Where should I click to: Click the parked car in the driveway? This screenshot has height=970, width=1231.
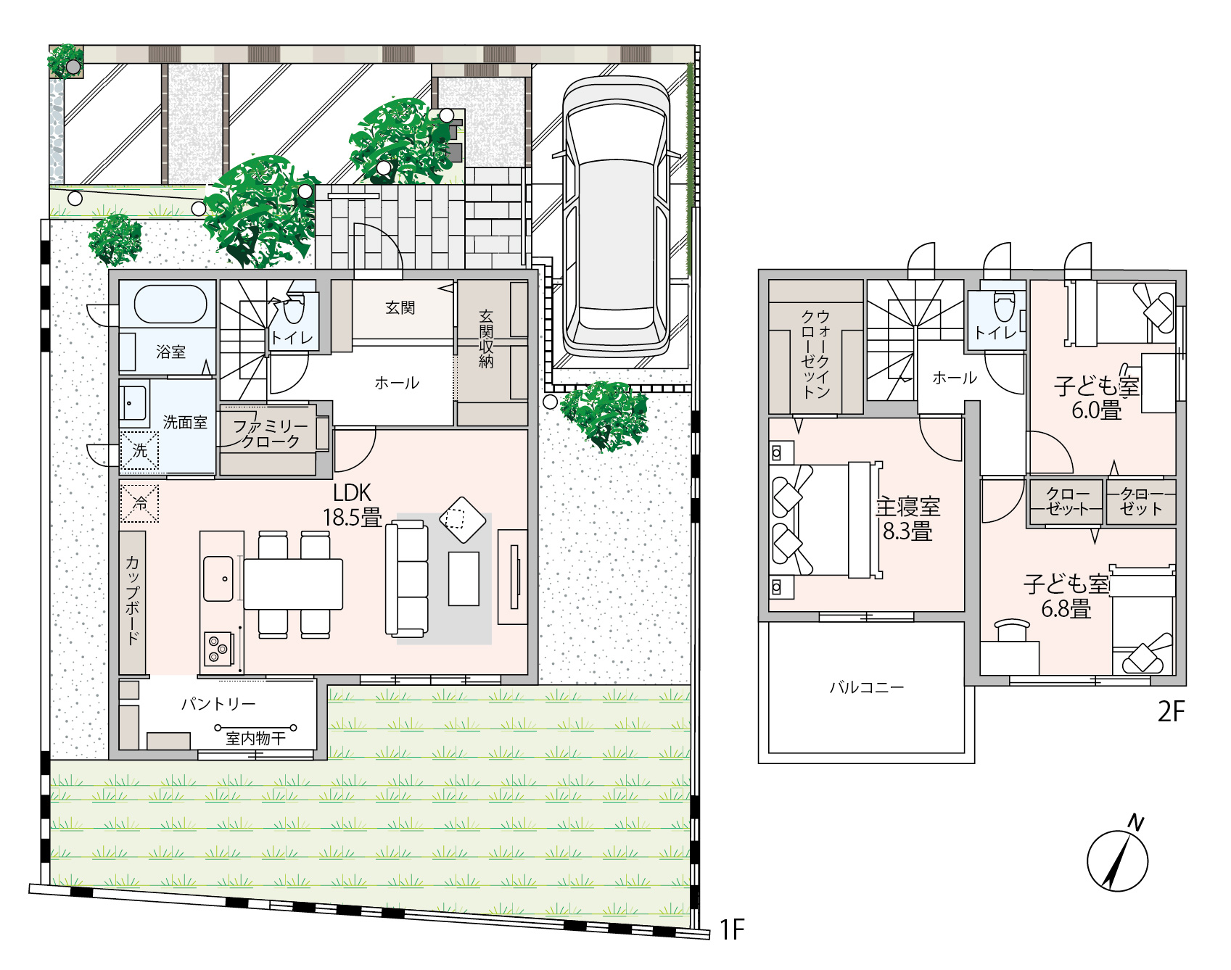click(x=616, y=217)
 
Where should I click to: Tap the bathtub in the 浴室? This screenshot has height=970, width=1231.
click(x=170, y=304)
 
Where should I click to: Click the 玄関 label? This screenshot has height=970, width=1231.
click(x=400, y=308)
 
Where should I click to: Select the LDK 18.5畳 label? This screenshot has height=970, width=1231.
click(x=352, y=505)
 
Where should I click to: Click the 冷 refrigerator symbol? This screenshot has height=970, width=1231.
click(x=139, y=503)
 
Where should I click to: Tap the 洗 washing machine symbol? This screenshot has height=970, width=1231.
click(x=139, y=451)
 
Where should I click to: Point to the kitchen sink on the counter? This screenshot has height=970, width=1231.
click(x=218, y=579)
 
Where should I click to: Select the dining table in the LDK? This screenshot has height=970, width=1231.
click(x=293, y=584)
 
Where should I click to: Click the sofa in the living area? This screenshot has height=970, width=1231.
click(x=407, y=579)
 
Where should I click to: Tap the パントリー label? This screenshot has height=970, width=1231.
click(x=218, y=704)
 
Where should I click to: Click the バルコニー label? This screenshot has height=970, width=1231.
click(x=867, y=687)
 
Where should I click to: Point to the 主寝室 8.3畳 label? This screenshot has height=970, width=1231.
click(x=907, y=518)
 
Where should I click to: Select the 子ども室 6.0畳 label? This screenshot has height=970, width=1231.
click(x=1097, y=398)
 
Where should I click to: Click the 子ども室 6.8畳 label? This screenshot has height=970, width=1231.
click(x=1066, y=597)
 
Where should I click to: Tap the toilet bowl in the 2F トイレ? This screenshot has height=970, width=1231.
click(x=1004, y=305)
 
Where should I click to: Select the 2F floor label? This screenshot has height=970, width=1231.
click(x=1171, y=712)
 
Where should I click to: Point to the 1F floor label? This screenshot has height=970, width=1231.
click(x=732, y=929)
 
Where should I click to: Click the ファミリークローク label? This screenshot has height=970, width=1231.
click(x=271, y=434)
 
